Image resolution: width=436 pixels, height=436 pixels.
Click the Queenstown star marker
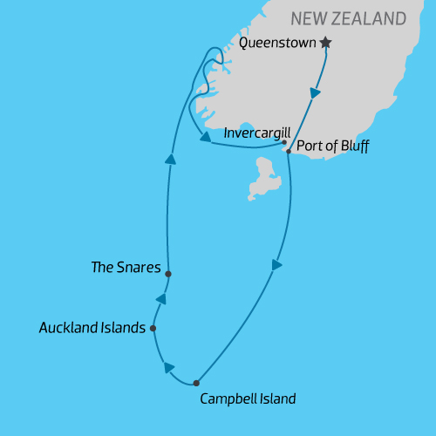326,42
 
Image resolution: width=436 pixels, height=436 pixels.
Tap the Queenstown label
278,42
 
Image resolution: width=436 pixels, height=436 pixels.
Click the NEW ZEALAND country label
349,18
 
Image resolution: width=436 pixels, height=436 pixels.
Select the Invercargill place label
252,133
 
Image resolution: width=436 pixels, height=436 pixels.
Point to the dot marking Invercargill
285,142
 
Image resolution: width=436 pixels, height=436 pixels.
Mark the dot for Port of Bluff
289,152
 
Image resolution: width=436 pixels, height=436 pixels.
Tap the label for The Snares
126,268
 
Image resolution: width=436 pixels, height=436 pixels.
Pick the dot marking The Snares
167,273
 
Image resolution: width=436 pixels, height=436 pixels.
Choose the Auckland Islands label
92,328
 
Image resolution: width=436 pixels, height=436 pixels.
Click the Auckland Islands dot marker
153,329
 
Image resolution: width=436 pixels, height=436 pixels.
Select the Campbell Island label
248,399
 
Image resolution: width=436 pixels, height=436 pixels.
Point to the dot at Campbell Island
196,383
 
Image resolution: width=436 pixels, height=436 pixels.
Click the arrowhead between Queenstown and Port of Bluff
315,93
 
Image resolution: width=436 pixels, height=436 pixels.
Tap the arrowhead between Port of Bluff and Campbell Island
277,264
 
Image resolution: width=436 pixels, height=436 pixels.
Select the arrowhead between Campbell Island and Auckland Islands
168,368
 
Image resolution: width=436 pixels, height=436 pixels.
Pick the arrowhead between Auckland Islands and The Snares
160,299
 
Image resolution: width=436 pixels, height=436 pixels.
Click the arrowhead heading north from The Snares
171,158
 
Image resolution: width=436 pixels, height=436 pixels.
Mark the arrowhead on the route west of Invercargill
204,136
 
